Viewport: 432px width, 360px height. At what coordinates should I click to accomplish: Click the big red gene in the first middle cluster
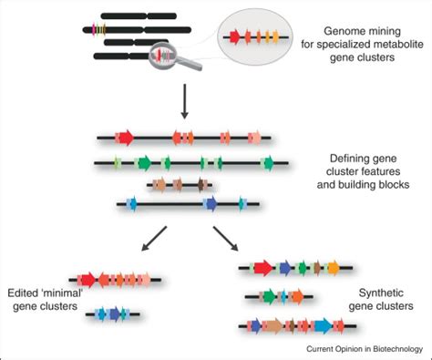tap(124, 138)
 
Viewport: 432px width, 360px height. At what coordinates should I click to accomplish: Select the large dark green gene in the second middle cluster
tap(143, 164)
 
